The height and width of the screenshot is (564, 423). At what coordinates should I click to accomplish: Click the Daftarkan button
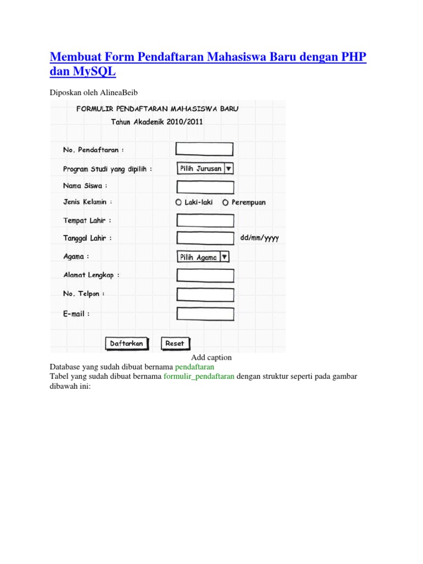pyautogui.click(x=127, y=343)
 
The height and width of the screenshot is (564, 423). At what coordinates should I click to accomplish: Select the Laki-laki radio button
pyautogui.click(x=178, y=203)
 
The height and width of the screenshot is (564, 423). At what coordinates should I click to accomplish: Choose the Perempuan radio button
pyautogui.click(x=225, y=203)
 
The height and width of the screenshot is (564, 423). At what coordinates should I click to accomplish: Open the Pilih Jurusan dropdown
pyautogui.click(x=205, y=169)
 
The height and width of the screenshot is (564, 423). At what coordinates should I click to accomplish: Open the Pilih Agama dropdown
pyautogui.click(x=203, y=257)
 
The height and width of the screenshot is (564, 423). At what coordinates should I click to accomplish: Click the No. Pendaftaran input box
pyautogui.click(x=204, y=149)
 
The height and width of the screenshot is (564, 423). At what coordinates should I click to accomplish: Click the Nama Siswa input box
pyautogui.click(x=205, y=187)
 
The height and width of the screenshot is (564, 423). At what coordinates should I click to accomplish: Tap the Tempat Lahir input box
pyautogui.click(x=205, y=220)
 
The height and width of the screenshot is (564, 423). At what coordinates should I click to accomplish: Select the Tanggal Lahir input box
pyautogui.click(x=205, y=238)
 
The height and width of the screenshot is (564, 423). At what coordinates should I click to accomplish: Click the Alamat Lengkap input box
pyautogui.click(x=205, y=275)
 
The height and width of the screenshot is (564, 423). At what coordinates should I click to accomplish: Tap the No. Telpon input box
pyautogui.click(x=205, y=294)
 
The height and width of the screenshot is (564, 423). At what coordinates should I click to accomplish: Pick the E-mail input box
pyautogui.click(x=205, y=314)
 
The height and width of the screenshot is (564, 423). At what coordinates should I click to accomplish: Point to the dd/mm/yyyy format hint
pyautogui.click(x=259, y=238)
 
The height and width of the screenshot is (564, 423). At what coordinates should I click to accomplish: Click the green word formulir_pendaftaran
pyautogui.click(x=199, y=376)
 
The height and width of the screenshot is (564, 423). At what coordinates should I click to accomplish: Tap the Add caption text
pyautogui.click(x=211, y=357)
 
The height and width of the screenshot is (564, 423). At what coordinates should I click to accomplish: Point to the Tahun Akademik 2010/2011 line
pyautogui.click(x=157, y=122)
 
